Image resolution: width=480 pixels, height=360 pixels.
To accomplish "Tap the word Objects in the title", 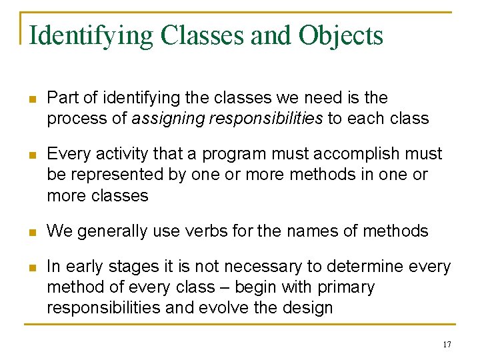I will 341,35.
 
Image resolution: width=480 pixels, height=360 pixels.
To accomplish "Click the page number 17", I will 446,344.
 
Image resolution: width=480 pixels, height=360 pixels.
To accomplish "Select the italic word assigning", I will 167,119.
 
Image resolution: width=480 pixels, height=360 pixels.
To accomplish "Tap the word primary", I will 347,287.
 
